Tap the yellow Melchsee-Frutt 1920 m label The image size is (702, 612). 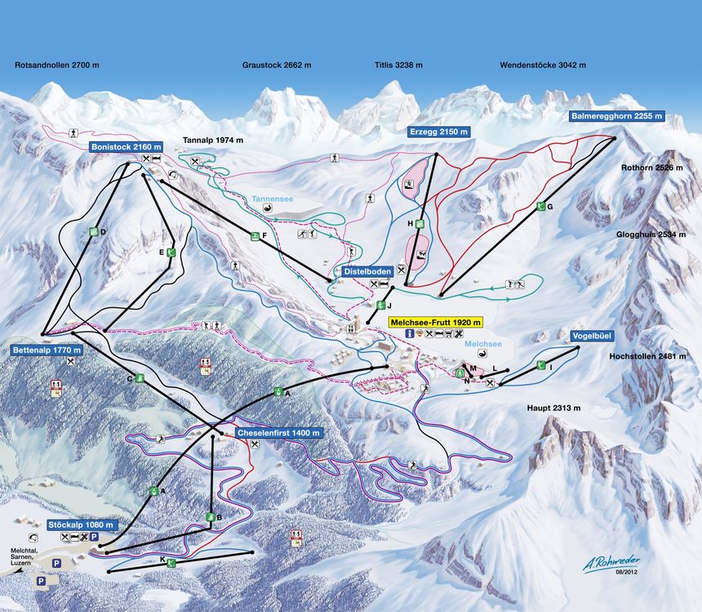(x=436, y=322)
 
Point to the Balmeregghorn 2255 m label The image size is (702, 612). (x=615, y=117)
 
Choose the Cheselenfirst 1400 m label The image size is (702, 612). (x=278, y=432)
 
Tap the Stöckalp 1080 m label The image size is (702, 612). (x=82, y=524)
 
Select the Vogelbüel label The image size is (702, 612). (x=593, y=335)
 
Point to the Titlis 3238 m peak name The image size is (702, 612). (x=398, y=65)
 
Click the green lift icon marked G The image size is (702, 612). (x=540, y=207)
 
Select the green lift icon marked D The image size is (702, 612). (x=93, y=232)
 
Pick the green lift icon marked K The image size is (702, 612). (x=171, y=562)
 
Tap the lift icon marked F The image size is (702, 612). (x=255, y=236)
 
